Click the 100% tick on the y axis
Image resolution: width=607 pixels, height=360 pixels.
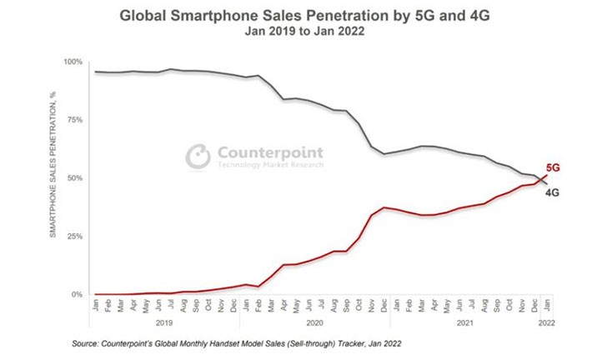[x=73, y=62]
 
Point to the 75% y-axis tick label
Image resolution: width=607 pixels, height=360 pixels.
[x=74, y=120]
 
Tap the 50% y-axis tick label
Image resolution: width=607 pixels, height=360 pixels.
[x=74, y=178]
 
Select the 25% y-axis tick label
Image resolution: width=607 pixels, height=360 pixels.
[x=74, y=237]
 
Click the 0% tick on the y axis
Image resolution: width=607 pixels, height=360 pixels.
[x=77, y=295]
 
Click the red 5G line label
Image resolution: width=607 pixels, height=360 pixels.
[x=552, y=167]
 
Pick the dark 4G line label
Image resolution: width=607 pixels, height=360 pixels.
[x=552, y=192]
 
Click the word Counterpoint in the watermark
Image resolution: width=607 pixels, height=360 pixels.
[x=269, y=152]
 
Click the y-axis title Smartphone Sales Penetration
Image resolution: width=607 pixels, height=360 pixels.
[x=53, y=178]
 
